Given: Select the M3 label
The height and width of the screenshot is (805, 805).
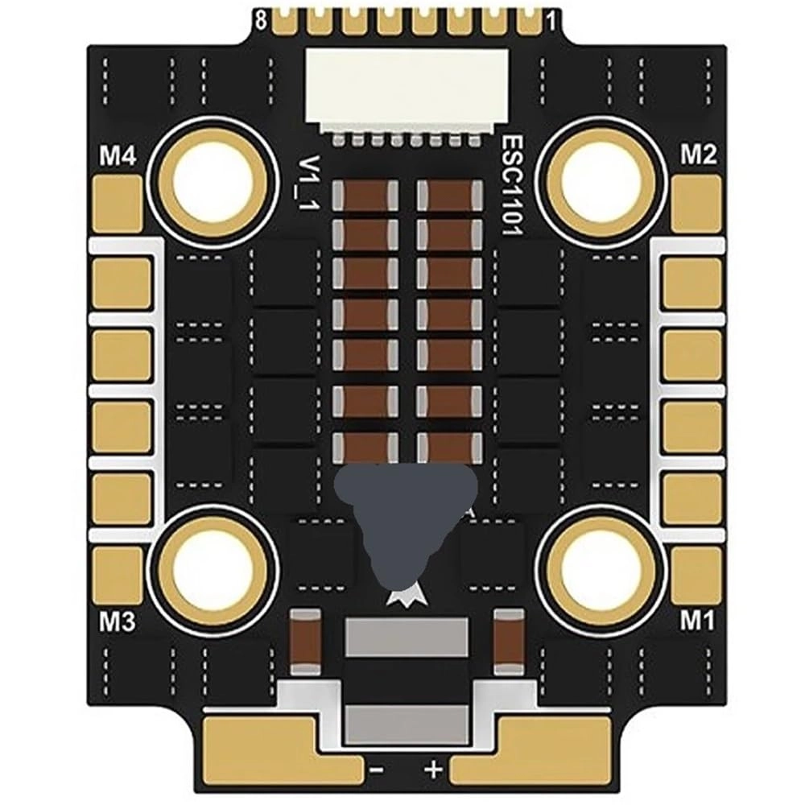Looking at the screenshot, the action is [x=117, y=621].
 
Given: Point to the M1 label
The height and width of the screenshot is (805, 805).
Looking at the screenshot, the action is [x=697, y=621].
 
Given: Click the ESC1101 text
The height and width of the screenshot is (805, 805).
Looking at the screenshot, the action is [x=512, y=185].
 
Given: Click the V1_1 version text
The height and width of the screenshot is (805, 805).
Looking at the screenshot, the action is [x=310, y=183].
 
